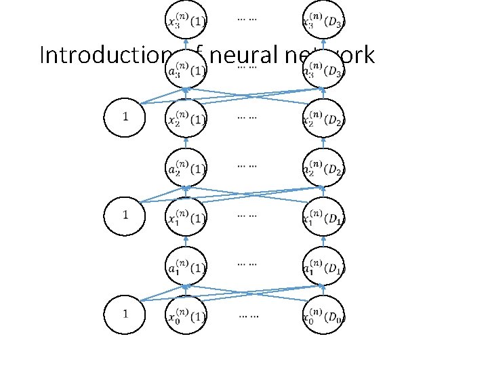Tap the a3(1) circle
[186, 68]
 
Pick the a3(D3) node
[323, 68]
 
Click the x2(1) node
[186, 119]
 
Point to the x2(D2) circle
[323, 119]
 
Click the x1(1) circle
[186, 217]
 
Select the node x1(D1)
[323, 217]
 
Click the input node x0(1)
[186, 315]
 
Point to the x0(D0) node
[323, 315]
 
